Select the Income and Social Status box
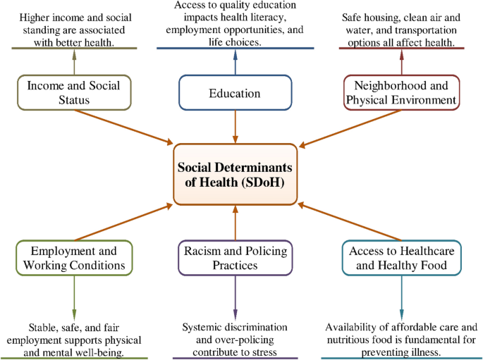coord(73,93)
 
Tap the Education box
coord(236,93)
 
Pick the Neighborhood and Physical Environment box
coord(401,93)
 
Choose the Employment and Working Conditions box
coord(73,258)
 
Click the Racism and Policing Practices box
coord(236,258)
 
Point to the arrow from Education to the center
coord(236,126)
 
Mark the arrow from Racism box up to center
coord(236,221)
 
